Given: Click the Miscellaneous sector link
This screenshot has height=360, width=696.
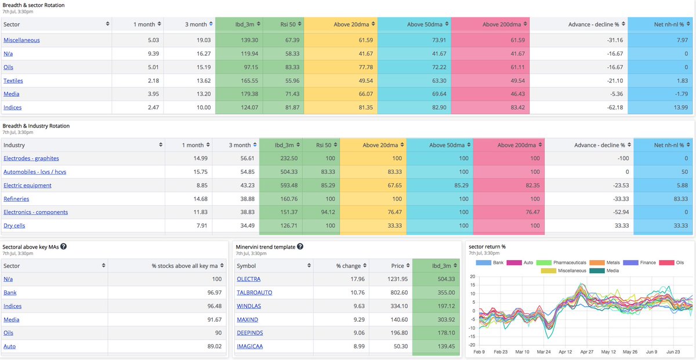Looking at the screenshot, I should pos(21,40).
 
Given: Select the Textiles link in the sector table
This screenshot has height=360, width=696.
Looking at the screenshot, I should pos(13,81).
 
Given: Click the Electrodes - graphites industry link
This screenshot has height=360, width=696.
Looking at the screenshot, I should pos(31,158).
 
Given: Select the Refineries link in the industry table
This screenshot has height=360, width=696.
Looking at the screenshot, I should pos(16,199).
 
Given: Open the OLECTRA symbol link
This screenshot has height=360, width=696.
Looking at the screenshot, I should pos(248,279).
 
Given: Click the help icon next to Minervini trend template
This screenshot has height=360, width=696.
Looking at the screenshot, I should pos(300,246).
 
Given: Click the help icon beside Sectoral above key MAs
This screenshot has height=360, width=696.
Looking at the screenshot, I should pos(64,246).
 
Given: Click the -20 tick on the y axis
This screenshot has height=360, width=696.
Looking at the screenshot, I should pos(472,344).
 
